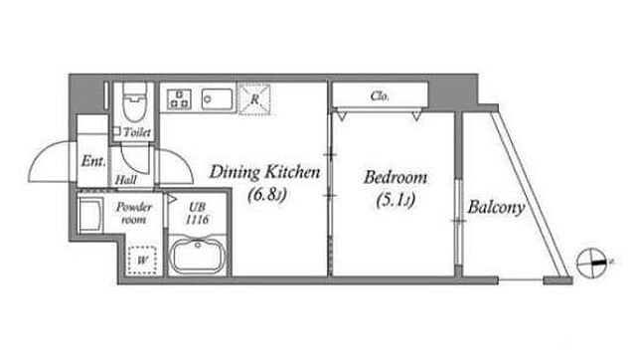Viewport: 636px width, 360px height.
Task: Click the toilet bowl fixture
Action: pos(134,101)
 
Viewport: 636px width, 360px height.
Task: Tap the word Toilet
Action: pos(137,132)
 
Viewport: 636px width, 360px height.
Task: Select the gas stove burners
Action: pos(179,98)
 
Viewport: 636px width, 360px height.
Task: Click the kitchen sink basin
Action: pos(218,99)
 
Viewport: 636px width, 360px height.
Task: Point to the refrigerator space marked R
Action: pos(254,98)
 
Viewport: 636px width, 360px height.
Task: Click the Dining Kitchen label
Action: pos(264,172)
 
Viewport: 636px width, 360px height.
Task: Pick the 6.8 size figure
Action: pos(267,195)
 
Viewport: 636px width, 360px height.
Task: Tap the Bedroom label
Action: pos(396,177)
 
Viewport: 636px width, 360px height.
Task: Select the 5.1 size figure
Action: pos(396,200)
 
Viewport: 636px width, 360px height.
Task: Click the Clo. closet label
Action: pos(380,96)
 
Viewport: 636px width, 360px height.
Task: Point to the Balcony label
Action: pos(496,208)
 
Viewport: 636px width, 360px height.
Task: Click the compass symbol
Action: pos(592,263)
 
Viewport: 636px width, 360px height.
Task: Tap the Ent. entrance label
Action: pos(93,161)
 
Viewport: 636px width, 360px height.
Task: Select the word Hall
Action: pos(126,179)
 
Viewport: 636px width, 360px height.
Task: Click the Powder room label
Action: pos(134,214)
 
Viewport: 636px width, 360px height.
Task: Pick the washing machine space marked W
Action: pos(141,260)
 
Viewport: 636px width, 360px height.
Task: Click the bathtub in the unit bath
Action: pos(197,256)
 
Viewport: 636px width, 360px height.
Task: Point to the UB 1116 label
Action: pos(198,214)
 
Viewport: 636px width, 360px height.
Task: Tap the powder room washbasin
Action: pos(89,214)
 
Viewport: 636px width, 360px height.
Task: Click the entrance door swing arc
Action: pos(39,154)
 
